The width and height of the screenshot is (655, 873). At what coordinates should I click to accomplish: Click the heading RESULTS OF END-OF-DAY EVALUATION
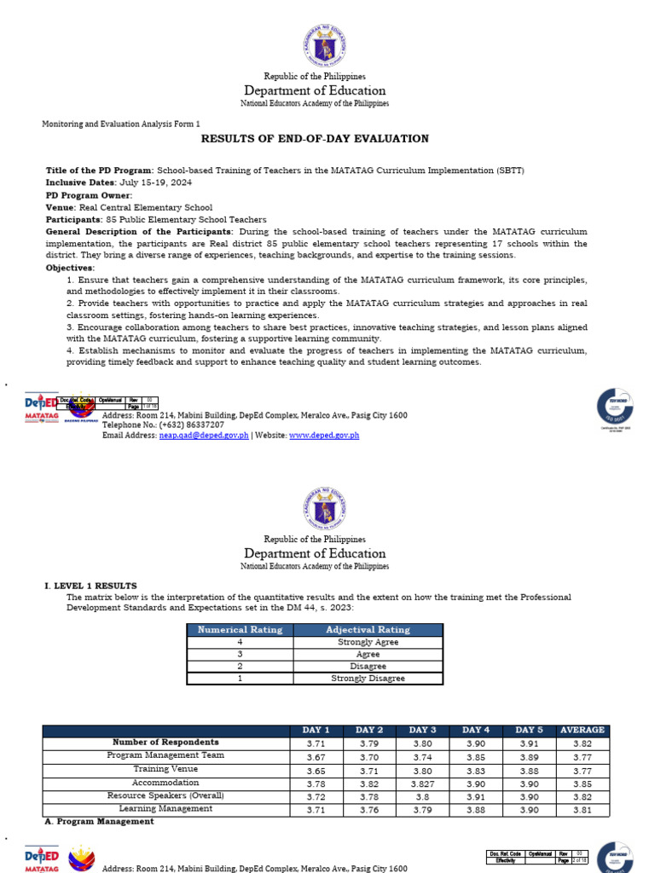click(315, 139)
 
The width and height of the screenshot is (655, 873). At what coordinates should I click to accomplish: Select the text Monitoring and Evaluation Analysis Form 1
click(121, 124)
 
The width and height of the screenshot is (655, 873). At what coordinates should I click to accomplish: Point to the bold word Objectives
click(70, 268)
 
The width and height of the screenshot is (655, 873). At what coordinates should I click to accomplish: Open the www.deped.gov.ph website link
click(324, 435)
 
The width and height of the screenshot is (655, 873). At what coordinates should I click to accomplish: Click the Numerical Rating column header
click(240, 630)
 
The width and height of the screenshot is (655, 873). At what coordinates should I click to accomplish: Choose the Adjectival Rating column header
click(368, 630)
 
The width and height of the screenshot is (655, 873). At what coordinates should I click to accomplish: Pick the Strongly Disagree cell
click(368, 679)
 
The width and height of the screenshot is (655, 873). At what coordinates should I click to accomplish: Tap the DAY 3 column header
click(423, 730)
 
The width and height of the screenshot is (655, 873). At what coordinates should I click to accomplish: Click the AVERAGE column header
click(583, 730)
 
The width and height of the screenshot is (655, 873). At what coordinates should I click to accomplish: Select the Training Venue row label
click(165, 769)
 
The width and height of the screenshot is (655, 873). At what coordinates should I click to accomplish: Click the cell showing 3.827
click(423, 783)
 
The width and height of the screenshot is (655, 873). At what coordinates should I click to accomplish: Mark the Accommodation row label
click(165, 783)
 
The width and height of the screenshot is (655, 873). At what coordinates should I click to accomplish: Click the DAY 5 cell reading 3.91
click(529, 743)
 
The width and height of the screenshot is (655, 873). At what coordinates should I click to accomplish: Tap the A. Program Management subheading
click(99, 822)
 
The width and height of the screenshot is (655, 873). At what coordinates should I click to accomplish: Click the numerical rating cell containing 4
click(240, 642)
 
